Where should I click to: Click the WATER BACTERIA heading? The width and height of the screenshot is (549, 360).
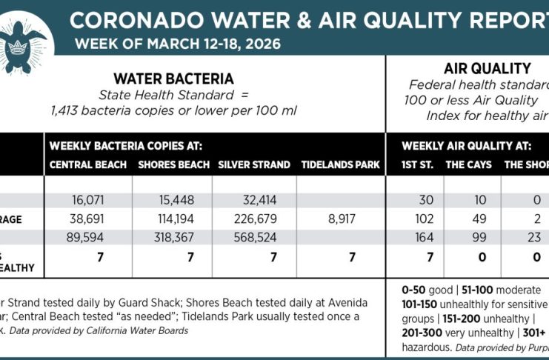(173, 79)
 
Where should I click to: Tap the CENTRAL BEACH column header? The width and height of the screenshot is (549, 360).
(88, 164)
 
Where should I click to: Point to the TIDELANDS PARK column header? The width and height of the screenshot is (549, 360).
(341, 164)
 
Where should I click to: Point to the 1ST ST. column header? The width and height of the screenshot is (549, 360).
(418, 164)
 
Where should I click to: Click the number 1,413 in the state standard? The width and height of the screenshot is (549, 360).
(66, 111)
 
